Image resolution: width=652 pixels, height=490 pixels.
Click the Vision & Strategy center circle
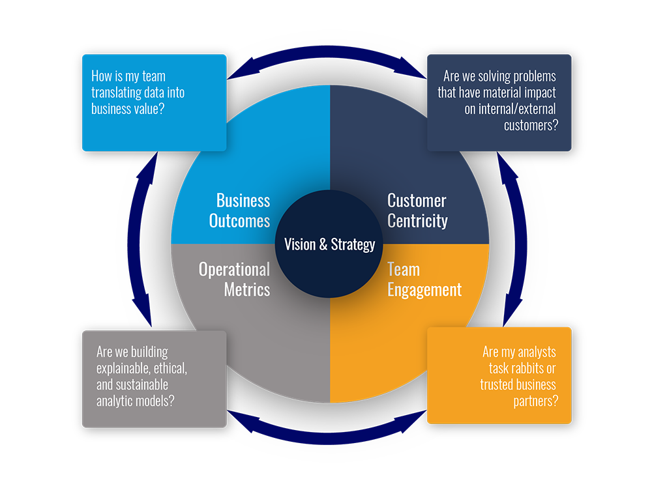(x=329, y=244)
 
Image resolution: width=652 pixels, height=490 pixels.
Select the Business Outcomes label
(x=239, y=210)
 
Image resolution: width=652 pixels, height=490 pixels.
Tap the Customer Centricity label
(x=417, y=210)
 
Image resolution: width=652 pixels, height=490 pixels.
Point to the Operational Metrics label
(x=234, y=279)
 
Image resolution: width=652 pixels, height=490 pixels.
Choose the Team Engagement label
(x=424, y=279)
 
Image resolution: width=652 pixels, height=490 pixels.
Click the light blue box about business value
(x=154, y=102)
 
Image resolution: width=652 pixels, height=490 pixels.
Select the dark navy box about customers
(x=499, y=102)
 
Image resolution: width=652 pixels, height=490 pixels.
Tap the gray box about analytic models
(x=154, y=379)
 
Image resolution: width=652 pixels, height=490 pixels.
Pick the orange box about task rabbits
(x=499, y=375)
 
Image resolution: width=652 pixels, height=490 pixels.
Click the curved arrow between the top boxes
(x=326, y=66)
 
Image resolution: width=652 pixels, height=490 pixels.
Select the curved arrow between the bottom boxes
(x=326, y=427)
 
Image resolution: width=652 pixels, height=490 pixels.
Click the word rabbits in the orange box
(x=536, y=368)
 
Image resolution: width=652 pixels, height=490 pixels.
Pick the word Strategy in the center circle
(x=353, y=244)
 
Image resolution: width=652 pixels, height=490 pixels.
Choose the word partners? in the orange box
(x=535, y=401)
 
